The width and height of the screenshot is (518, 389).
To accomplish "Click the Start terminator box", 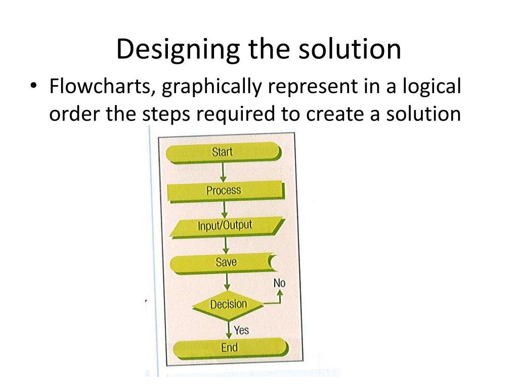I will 223,152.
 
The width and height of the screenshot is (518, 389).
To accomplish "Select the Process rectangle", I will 224,191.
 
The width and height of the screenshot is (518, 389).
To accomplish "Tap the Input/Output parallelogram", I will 225,226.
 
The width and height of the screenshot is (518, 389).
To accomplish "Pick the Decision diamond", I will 228,304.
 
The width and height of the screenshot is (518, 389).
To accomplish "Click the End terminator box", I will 229,348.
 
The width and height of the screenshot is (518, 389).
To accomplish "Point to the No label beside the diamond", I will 279,283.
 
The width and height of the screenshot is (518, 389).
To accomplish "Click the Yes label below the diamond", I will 241,330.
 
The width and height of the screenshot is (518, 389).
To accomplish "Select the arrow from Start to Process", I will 223,172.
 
